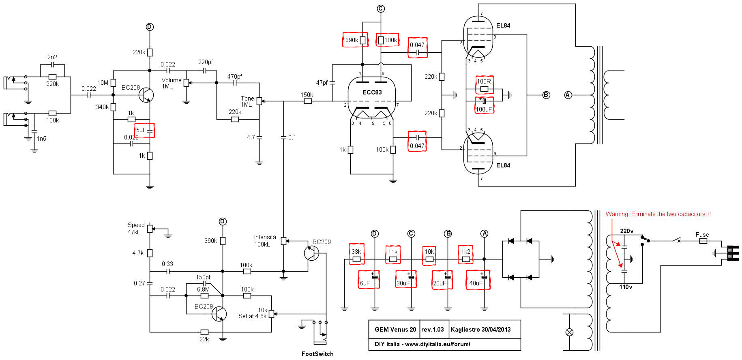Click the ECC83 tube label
(372, 92)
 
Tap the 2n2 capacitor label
(52, 57)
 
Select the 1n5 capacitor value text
(41, 139)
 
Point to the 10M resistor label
(103, 83)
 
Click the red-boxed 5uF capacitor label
(141, 130)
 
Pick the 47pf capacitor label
(322, 83)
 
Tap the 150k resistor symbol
(308, 101)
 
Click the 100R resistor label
(484, 81)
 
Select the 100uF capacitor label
(484, 109)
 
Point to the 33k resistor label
(356, 252)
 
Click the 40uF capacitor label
(476, 283)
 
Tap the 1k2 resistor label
(465, 252)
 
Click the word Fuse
(702, 235)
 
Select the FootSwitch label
(317, 354)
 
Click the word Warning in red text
(617, 214)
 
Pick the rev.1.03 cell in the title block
(433, 330)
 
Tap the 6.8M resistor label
(203, 289)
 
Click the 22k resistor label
(204, 339)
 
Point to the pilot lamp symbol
(569, 332)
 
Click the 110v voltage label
(626, 287)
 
